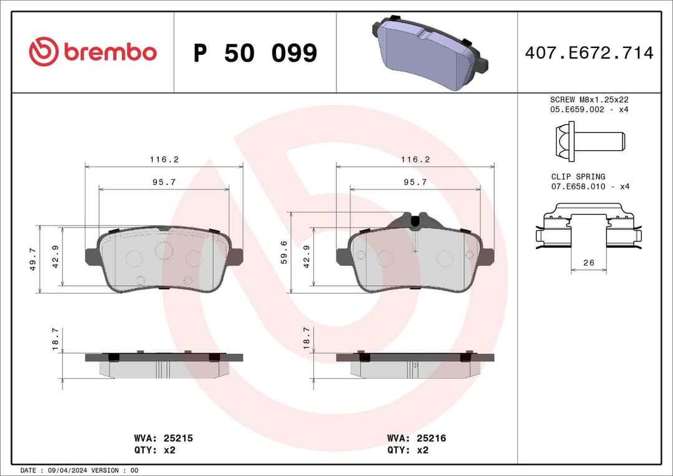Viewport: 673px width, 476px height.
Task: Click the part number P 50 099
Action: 255,54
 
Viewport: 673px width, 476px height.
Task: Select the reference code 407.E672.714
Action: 589,53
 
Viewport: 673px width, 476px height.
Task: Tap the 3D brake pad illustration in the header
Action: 429,52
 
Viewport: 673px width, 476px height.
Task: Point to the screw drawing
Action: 588,140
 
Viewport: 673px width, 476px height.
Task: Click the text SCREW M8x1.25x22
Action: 589,99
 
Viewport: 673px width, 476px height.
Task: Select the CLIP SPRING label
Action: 578,176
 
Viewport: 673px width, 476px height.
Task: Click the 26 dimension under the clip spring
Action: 589,263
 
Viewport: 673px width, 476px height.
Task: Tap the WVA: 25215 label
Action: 163,438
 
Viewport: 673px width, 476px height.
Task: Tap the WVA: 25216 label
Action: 416,438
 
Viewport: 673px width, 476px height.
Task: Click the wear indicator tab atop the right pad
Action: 415,220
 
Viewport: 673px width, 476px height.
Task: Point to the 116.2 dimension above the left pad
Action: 164,159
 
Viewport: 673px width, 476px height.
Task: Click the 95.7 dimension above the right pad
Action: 415,182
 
